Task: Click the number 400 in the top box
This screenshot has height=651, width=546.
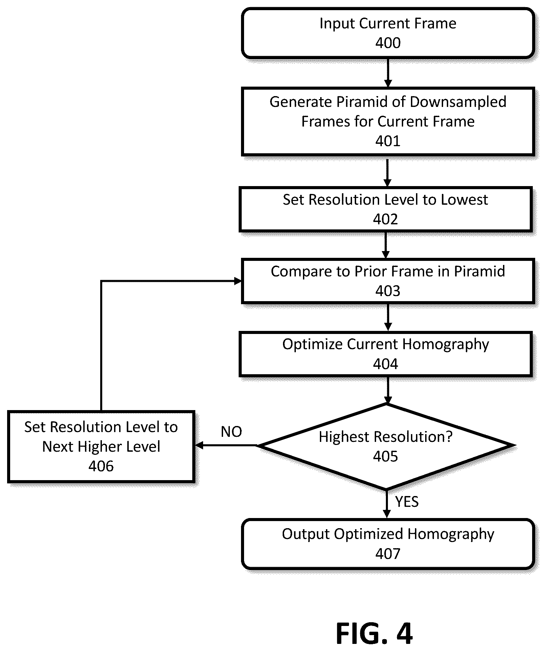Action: click(x=388, y=43)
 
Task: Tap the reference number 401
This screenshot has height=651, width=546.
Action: click(x=388, y=141)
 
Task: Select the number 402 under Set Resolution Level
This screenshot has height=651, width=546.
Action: click(x=386, y=219)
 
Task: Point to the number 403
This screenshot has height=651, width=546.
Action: click(x=388, y=291)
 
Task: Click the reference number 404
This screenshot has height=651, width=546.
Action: click(x=386, y=364)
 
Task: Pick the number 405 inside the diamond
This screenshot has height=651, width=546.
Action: click(x=386, y=456)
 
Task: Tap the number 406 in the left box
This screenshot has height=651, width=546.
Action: click(x=101, y=466)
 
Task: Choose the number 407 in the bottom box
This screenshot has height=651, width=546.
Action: click(x=388, y=554)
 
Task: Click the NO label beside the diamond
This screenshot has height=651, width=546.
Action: click(x=232, y=432)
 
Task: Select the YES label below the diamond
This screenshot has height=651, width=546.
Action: click(x=407, y=502)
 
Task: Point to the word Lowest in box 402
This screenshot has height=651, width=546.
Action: click(x=464, y=200)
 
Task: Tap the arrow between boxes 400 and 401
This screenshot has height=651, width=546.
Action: click(x=388, y=73)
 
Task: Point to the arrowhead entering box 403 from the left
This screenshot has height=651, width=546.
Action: click(x=238, y=281)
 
